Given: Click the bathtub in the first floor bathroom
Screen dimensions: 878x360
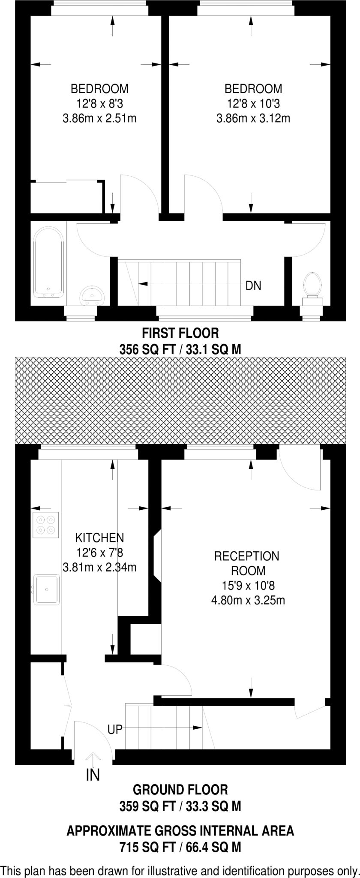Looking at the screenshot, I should tap(49, 263).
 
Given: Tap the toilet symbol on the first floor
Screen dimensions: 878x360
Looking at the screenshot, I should tap(312, 284).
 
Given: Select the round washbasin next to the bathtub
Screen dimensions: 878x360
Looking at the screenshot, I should tap(92, 295).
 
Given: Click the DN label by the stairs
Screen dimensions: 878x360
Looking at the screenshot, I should tap(253, 286).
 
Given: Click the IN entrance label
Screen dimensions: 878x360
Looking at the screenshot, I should tap(93, 775).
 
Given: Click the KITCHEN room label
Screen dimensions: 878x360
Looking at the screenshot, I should tap(99, 538).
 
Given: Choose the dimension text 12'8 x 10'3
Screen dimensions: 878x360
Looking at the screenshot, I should tap(253, 104).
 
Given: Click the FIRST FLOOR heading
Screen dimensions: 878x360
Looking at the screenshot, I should tap(180, 333).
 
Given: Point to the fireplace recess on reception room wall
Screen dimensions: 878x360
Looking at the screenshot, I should tap(157, 556).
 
